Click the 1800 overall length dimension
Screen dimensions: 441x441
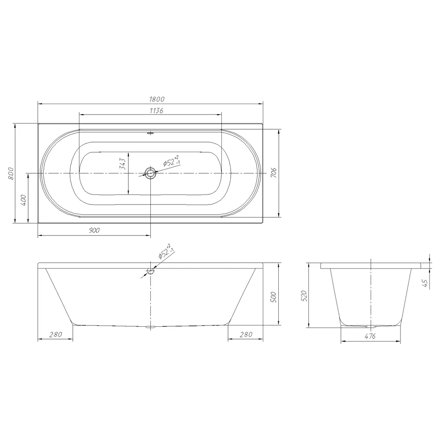point(157,99)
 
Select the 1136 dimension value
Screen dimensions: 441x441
point(157,111)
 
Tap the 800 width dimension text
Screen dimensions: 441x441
point(11,173)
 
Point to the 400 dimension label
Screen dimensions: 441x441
point(23,200)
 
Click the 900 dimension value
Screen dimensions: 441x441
point(94,230)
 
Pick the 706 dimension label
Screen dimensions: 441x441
point(274,172)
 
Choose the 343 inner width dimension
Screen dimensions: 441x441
point(122,164)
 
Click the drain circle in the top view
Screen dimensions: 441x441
point(150,173)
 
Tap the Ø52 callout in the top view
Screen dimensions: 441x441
point(172,161)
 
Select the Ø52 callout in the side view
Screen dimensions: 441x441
point(166,251)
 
